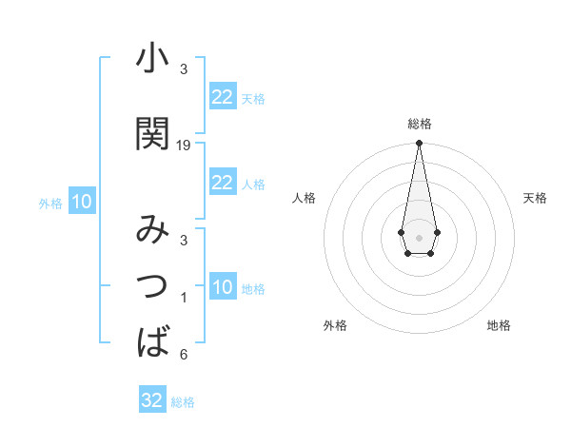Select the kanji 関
[152, 133]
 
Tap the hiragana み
[152, 231]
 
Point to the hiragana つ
[152, 284]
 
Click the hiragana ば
[152, 340]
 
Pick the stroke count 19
[184, 146]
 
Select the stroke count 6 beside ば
[184, 355]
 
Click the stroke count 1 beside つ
[184, 299]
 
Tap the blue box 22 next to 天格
[222, 97]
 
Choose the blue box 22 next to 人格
[222, 183]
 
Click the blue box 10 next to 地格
[222, 288]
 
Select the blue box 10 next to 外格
[81, 202]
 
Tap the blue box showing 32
[152, 400]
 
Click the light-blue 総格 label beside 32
[183, 402]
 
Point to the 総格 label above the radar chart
[419, 124]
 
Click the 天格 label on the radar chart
[535, 198]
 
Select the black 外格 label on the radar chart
[335, 325]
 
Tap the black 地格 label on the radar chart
[499, 325]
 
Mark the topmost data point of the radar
[419, 144]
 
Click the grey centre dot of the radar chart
[419, 236]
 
